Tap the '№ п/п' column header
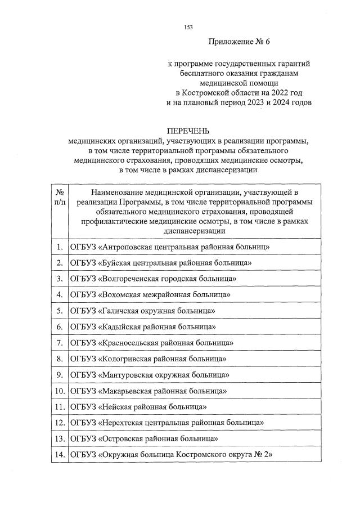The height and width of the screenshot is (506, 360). click(59, 197)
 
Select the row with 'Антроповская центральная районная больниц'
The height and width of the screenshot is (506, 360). click(170, 247)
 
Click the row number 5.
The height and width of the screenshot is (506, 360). click(59, 311)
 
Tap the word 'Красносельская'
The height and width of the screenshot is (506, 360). click(130, 342)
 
